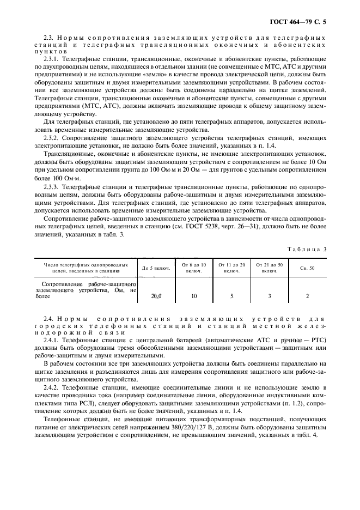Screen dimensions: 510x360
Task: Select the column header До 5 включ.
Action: pos(156,268)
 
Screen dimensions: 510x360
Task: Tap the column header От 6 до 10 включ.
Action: pos(194,268)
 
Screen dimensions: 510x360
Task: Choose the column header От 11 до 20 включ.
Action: pos(232,268)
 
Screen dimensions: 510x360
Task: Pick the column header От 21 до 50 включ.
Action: pos(270,268)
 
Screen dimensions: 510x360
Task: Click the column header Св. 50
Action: pos(307,268)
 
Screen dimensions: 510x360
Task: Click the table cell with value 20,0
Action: pos(156,296)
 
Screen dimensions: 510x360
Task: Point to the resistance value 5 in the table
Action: pos(232,296)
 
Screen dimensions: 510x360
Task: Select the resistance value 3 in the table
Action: pos(270,296)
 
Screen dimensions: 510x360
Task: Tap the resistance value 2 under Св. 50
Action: pos(307,296)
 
